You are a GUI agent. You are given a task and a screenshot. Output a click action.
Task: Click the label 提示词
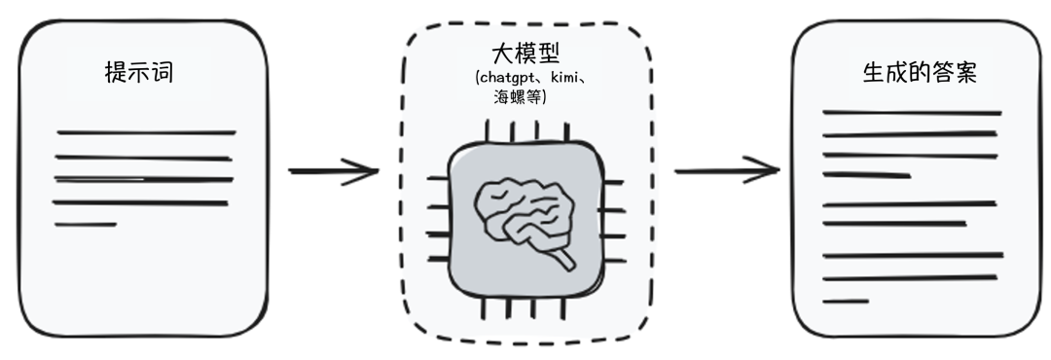139,72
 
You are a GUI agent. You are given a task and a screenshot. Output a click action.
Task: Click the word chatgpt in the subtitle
508,78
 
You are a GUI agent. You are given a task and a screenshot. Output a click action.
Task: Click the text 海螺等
519,96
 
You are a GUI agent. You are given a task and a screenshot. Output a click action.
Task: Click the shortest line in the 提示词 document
86,225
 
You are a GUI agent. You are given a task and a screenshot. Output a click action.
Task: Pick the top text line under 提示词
146,131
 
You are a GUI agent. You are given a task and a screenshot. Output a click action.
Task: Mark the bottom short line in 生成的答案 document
845,301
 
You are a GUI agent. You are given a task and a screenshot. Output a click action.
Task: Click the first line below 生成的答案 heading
912,113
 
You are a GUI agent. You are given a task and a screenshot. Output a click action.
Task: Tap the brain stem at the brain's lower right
560,260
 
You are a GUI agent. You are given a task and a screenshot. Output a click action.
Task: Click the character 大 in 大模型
503,54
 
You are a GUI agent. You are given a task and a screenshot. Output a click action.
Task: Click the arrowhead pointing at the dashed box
368,172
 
